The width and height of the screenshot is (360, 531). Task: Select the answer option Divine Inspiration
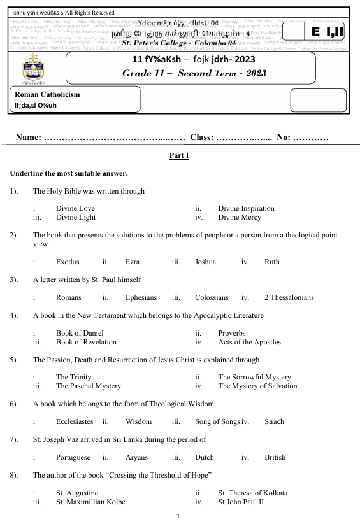pyautogui.click(x=246, y=208)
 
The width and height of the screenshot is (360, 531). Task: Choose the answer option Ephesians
pyautogui.click(x=141, y=297)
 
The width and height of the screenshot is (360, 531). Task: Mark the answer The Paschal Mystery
pyautogui.click(x=88, y=386)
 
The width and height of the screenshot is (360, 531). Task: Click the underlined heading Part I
pyautogui.click(x=179, y=155)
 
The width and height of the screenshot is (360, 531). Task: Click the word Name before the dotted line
pyautogui.click(x=29, y=138)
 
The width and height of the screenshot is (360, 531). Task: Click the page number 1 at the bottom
pyautogui.click(x=179, y=517)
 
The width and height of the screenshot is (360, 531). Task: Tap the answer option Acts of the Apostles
pyautogui.click(x=249, y=342)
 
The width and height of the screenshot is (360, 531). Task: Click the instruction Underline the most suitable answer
pyautogui.click(x=69, y=173)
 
